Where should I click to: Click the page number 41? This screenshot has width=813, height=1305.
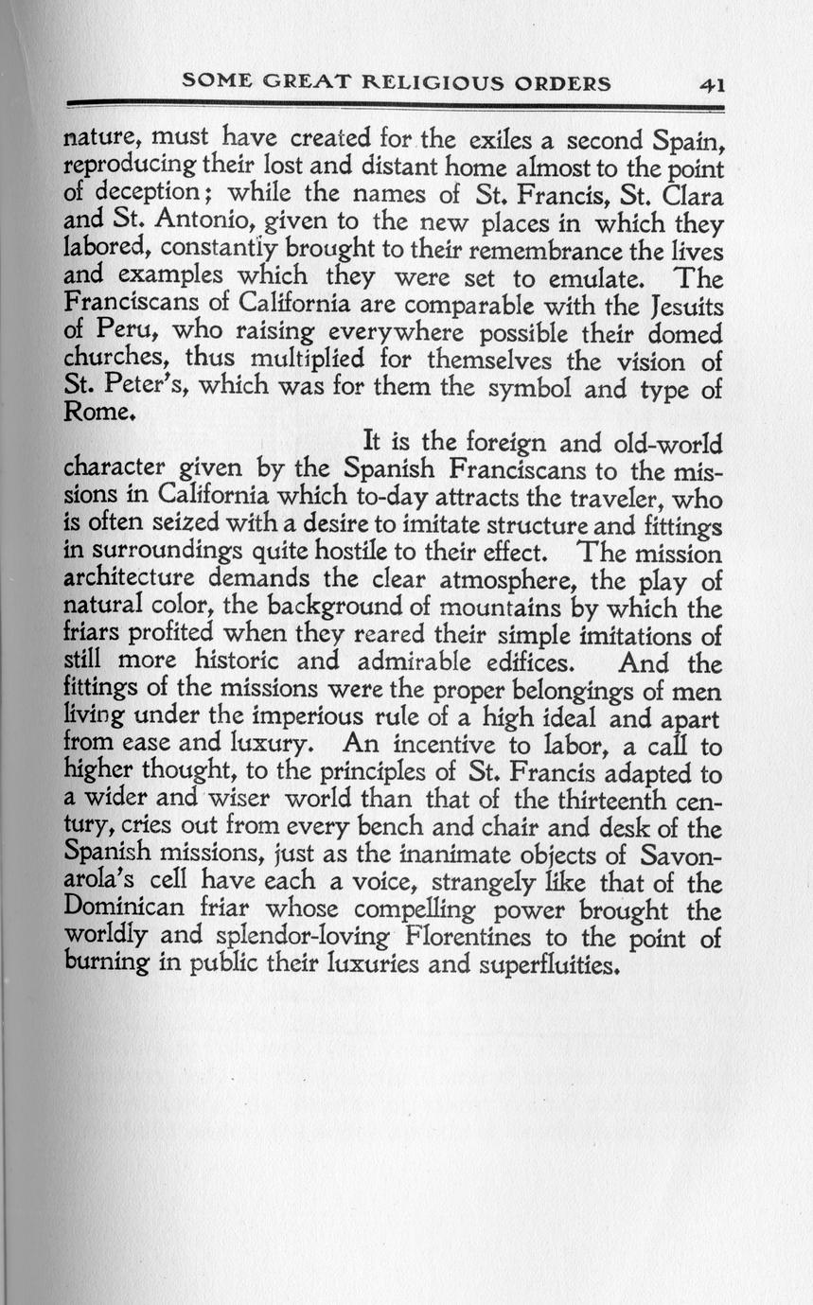712,83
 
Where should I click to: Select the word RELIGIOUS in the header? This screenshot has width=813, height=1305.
437,83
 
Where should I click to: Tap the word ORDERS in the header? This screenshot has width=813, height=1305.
563,83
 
